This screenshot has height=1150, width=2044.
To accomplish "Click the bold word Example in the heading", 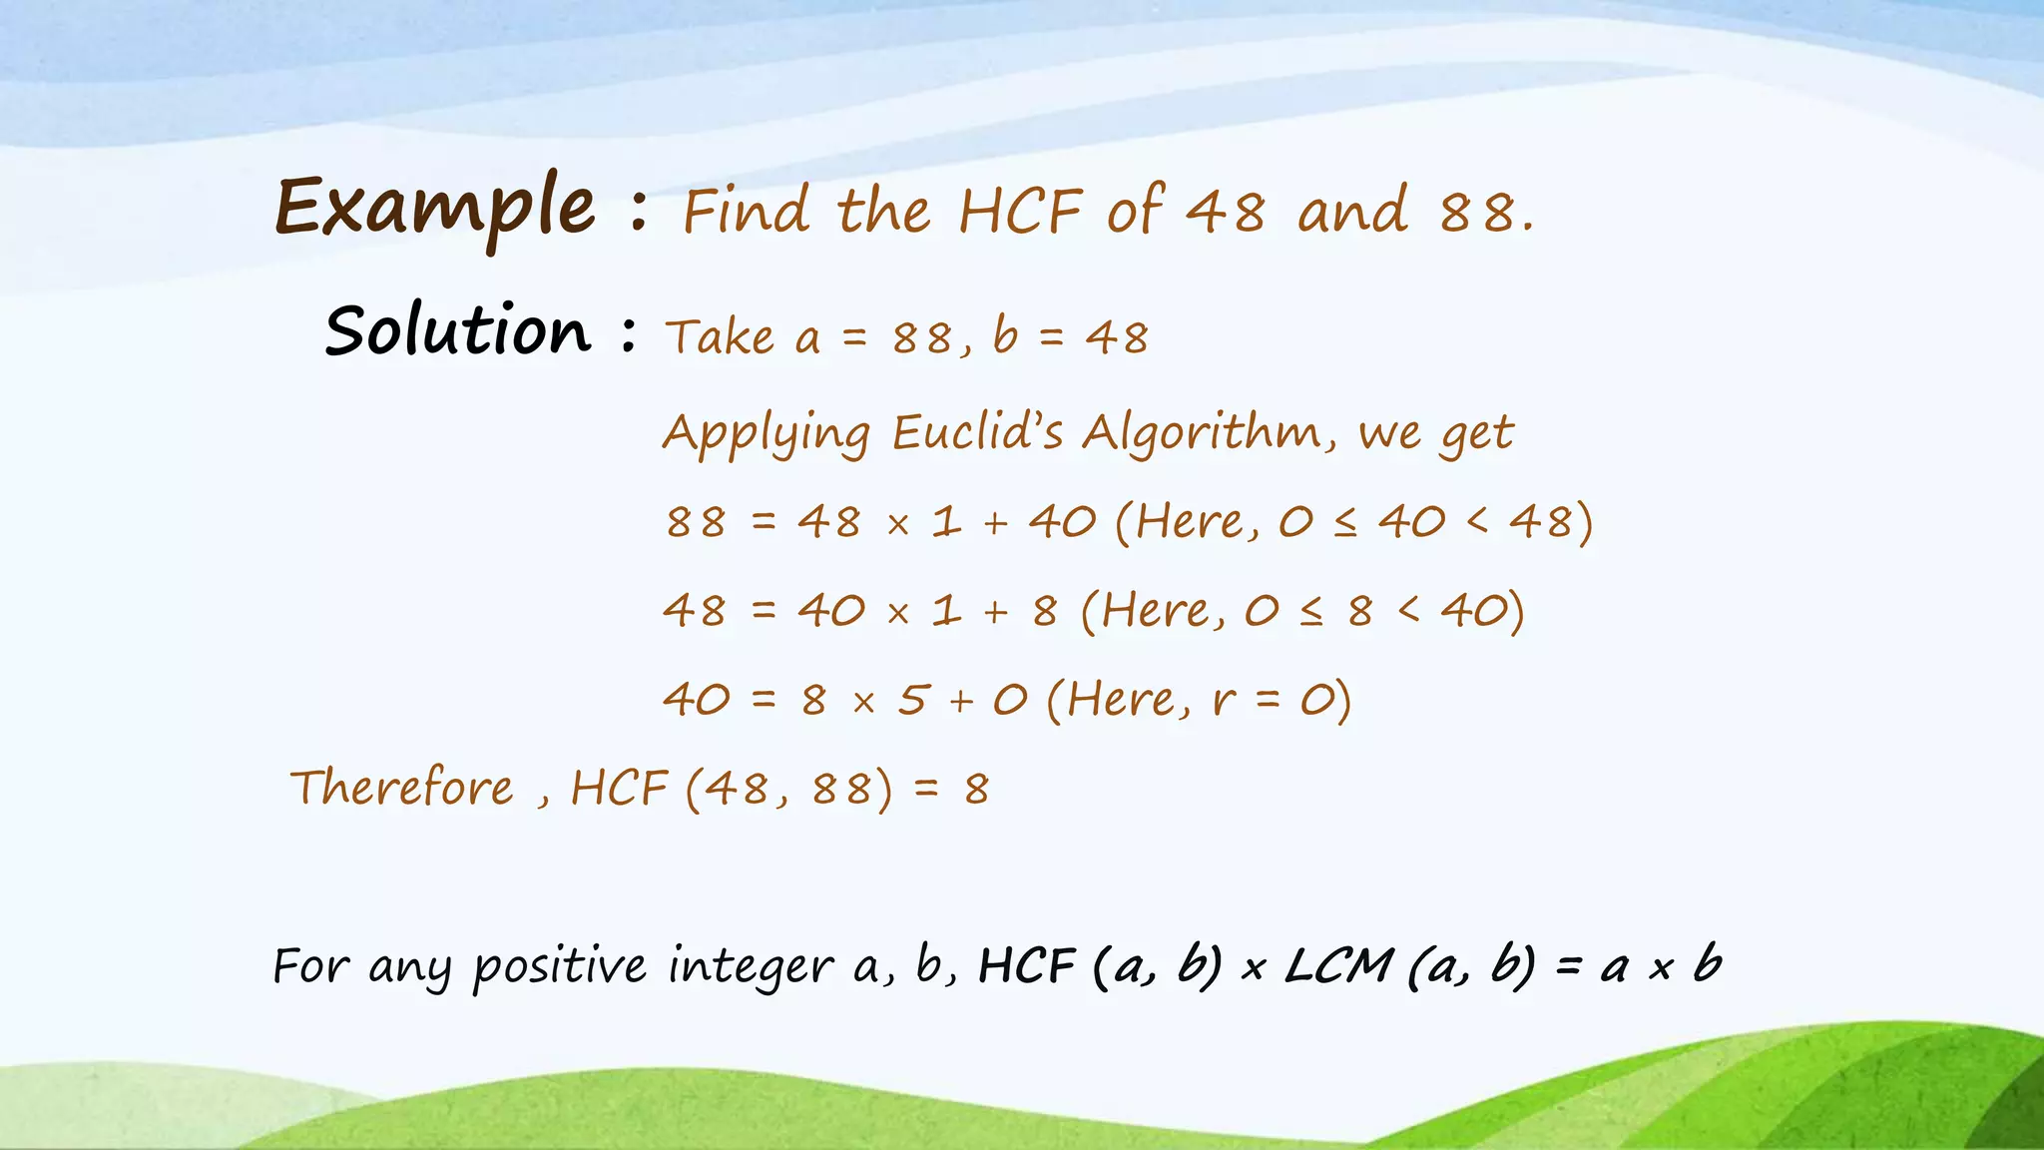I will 436,208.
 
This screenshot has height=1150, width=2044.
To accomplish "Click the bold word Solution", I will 458,330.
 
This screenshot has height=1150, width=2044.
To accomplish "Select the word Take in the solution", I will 720,337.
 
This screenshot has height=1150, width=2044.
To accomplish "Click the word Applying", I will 766,434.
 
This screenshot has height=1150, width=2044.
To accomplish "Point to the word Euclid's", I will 977,432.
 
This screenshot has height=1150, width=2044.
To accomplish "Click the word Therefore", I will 402,788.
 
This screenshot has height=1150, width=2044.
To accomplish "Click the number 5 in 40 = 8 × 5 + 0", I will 912,700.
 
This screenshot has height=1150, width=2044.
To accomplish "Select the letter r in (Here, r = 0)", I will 1224,700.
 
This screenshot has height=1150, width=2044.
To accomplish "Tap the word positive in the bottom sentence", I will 559,966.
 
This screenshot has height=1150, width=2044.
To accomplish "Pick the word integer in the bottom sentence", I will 750,966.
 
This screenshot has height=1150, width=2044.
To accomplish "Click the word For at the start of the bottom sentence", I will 309,966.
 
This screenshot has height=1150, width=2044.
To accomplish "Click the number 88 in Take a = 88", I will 922,338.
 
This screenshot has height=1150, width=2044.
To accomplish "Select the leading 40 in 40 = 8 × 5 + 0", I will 697,700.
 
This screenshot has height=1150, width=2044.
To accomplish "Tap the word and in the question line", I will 1352,212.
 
